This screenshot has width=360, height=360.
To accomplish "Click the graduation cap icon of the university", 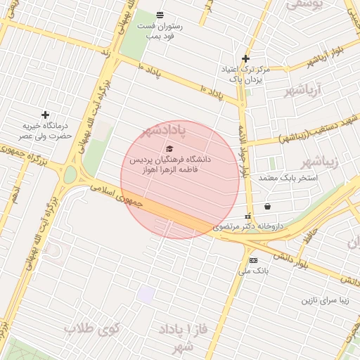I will [169, 148].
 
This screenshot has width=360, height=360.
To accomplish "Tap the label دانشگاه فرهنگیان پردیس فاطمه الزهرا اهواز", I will [169, 165].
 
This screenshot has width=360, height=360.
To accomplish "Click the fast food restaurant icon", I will [160, 15].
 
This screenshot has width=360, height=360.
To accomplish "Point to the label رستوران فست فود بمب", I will [164, 30].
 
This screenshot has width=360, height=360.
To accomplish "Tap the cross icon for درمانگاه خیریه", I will [45, 114].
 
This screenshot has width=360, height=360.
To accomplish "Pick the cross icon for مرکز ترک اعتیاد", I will [245, 58].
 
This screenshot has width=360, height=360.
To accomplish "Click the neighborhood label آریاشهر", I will [303, 91].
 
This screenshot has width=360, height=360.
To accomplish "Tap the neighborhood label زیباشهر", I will [323, 162].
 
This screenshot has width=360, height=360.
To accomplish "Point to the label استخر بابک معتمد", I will [288, 178].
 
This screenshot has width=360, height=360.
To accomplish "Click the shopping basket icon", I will [268, 207].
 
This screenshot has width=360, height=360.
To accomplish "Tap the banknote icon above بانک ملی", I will [253, 259].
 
